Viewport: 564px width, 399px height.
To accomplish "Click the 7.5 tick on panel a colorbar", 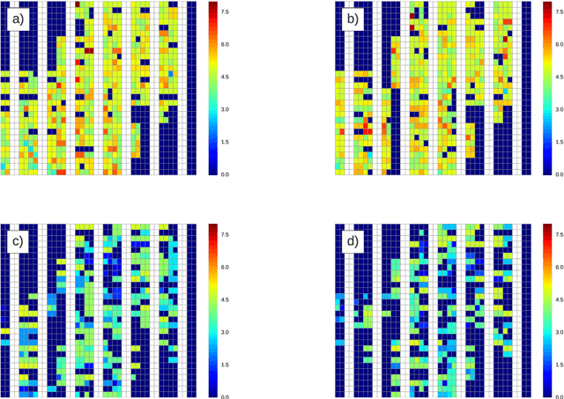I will (226, 11).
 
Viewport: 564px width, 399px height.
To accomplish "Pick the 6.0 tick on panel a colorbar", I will (226, 44).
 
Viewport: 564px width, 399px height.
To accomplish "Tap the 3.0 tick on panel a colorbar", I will (226, 109).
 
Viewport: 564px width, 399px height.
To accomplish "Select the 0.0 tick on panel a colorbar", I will (226, 174).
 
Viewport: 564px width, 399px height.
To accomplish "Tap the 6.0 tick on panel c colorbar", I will (226, 267).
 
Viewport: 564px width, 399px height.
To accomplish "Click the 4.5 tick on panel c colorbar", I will (226, 299).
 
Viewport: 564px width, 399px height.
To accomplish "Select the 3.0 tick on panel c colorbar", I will (226, 332).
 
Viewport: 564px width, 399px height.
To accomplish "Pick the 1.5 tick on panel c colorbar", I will (226, 365).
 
